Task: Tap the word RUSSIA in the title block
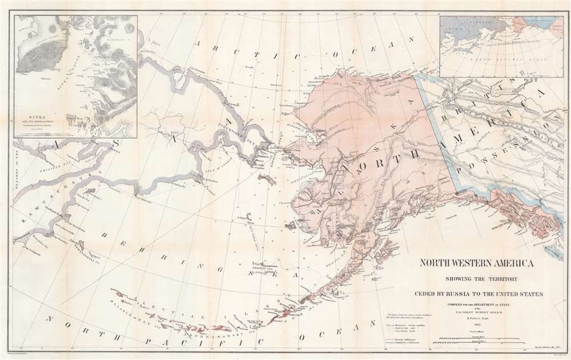(465, 294)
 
